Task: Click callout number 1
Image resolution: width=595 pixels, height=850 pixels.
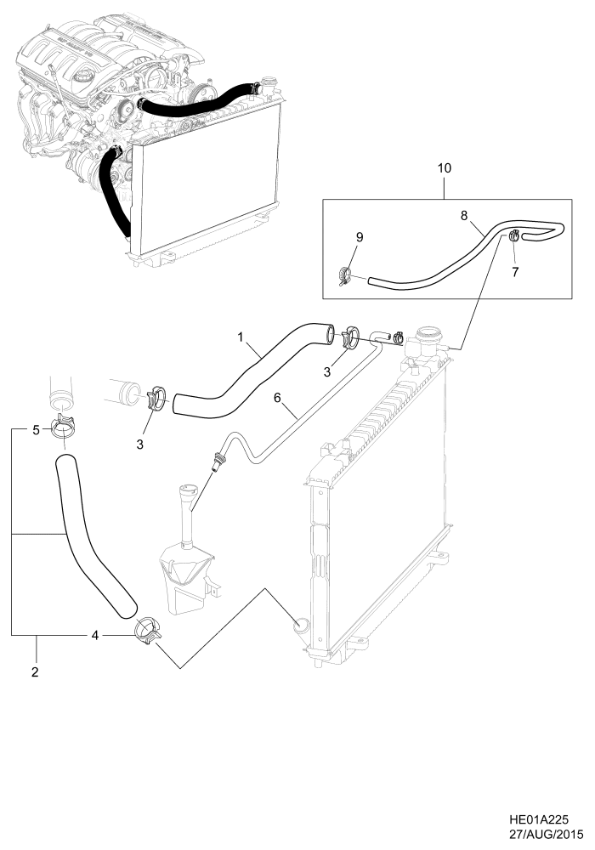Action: point(241,338)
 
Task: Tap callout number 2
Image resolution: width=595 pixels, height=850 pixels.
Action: point(36,671)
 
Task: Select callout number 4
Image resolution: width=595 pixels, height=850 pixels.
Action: point(95,635)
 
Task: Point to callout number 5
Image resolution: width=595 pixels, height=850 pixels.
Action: point(36,430)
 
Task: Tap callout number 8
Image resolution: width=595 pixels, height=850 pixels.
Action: point(464,216)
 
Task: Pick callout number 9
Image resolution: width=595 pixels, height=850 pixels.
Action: point(359,237)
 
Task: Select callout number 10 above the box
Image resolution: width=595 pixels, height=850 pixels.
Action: point(444,167)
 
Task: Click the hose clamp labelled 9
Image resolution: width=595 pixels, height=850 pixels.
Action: point(345,274)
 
